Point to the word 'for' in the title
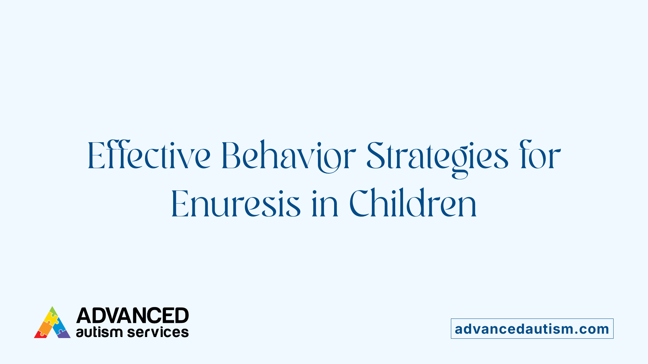pos(540,156)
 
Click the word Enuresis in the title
pos(236,204)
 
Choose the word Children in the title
pos(413,204)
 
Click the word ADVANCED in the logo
pos(132,315)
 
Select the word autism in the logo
pos(99,332)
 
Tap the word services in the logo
pos(158,332)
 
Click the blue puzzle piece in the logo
pos(59,326)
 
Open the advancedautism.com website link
pos(532,329)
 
